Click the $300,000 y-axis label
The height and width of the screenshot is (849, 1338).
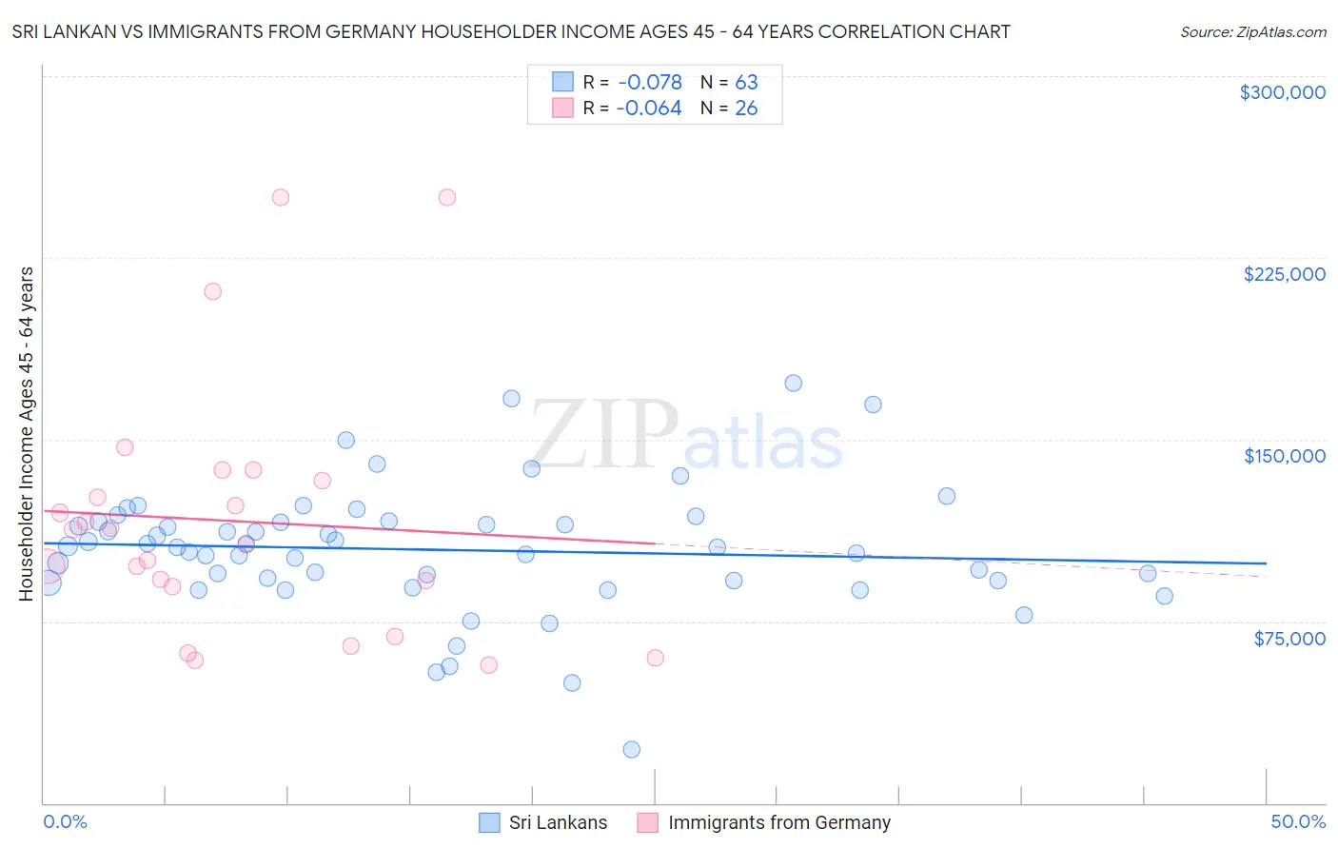[1282, 92]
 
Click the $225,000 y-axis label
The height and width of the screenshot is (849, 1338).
[1284, 274]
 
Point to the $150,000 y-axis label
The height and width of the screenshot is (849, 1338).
[1284, 456]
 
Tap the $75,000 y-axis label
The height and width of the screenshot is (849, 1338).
[1289, 639]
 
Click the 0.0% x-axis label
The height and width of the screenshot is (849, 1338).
[65, 821]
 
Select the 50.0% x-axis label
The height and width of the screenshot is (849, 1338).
[1297, 821]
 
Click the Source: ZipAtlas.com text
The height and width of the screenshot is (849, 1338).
[1252, 32]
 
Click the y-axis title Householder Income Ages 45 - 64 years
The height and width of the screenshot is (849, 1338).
[27, 434]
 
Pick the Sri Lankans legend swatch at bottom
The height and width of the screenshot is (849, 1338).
[489, 822]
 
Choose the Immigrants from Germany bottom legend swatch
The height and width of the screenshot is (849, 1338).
[648, 822]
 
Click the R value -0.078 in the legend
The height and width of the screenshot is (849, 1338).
[649, 83]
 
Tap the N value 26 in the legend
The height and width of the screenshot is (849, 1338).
[746, 109]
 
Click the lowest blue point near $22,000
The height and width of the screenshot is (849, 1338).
[631, 749]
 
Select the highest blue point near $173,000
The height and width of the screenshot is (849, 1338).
[793, 383]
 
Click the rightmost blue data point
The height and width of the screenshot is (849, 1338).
[1164, 596]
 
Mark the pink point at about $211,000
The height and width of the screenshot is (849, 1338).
[212, 291]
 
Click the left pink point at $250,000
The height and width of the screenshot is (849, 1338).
[280, 198]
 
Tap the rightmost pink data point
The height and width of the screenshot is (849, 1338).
[655, 658]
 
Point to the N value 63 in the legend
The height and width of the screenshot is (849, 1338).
[746, 83]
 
